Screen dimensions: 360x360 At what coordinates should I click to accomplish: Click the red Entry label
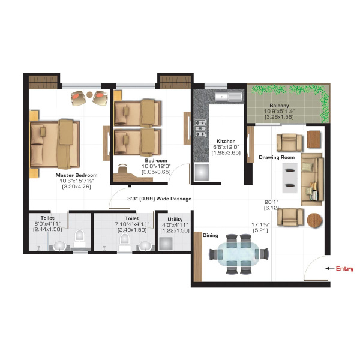(344, 268)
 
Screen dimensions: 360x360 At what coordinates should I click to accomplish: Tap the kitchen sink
(229, 97)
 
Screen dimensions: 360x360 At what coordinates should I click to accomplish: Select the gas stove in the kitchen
(200, 128)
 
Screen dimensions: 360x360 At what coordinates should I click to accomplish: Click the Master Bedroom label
(76, 175)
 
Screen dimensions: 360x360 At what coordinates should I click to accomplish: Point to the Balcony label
(279, 106)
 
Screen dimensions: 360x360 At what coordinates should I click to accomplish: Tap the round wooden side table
(314, 220)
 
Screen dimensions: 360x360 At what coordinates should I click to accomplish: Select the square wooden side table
(314, 139)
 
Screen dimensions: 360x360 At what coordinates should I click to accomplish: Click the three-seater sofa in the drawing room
(312, 179)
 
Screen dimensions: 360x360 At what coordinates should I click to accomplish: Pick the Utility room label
(175, 219)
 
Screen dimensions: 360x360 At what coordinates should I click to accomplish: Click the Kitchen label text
(226, 141)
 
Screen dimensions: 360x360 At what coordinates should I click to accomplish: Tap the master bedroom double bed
(55, 144)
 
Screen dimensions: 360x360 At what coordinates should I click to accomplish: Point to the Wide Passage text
(174, 199)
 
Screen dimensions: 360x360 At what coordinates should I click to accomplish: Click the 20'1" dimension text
(271, 202)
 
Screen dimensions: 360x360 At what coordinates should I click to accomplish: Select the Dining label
(211, 235)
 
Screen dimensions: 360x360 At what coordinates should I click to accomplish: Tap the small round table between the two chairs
(89, 94)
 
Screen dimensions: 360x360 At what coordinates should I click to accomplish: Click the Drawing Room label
(277, 157)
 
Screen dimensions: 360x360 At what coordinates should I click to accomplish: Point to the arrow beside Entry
(329, 268)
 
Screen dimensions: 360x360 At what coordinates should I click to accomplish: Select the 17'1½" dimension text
(260, 224)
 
